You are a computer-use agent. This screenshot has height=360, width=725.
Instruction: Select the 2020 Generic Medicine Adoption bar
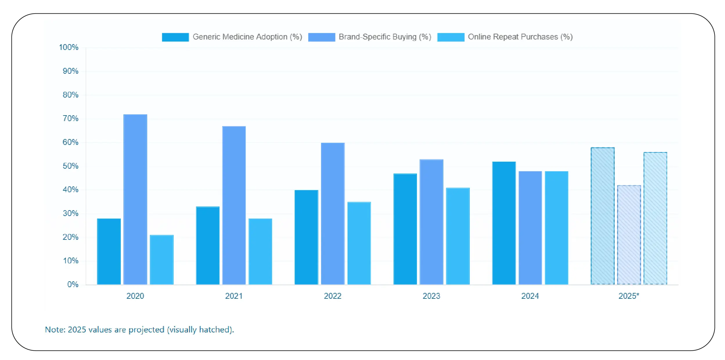[x=109, y=251]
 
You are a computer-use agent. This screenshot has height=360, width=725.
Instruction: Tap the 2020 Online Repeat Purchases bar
[x=161, y=260]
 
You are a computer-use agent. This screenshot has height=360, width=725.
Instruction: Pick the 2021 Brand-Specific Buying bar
[x=234, y=205]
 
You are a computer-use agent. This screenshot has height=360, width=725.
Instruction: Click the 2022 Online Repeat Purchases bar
[x=359, y=243]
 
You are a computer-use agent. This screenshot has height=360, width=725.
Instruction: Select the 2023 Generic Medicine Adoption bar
[x=405, y=229]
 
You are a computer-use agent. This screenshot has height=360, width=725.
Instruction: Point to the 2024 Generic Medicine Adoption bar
[x=504, y=223]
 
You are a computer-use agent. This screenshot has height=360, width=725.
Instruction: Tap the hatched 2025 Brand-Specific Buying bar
[x=629, y=235]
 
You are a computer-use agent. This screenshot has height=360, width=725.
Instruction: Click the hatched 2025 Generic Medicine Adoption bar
[x=602, y=216]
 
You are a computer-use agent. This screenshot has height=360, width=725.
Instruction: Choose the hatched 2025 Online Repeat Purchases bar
[x=655, y=218]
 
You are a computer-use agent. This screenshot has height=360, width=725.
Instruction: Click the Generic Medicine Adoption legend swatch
[x=175, y=37]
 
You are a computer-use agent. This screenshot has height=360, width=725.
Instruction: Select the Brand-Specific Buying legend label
[x=385, y=37]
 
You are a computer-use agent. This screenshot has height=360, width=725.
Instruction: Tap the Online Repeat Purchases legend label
[x=520, y=37]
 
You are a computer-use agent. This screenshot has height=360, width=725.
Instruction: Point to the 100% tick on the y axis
[x=69, y=47]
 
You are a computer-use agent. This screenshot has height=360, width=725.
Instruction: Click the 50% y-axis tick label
[x=70, y=166]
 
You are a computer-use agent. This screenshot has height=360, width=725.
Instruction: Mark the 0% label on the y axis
[x=73, y=285]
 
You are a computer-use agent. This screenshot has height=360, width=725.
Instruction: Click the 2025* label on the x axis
[x=629, y=296]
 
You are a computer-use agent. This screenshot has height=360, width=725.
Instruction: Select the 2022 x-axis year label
[x=332, y=296]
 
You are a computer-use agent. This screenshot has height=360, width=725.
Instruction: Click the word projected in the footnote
[x=146, y=330]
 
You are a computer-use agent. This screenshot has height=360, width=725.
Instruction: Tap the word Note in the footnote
[x=55, y=330]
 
